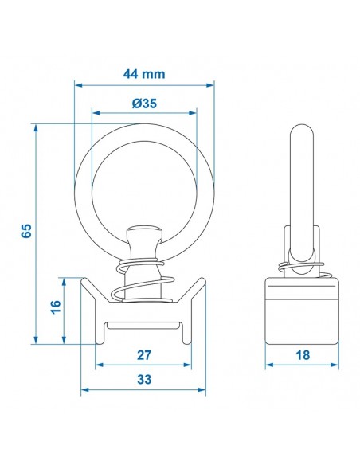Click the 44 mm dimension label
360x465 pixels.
(144, 74)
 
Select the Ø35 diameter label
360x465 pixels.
(144, 104)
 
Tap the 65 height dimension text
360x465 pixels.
(26, 231)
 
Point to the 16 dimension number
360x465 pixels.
(56, 307)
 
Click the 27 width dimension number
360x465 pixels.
(144, 355)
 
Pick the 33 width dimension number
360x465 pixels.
(144, 380)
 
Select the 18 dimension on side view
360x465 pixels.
(303, 355)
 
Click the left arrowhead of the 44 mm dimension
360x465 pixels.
(78, 85)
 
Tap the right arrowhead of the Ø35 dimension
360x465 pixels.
(193, 113)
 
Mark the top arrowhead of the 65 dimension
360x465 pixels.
(36, 127)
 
